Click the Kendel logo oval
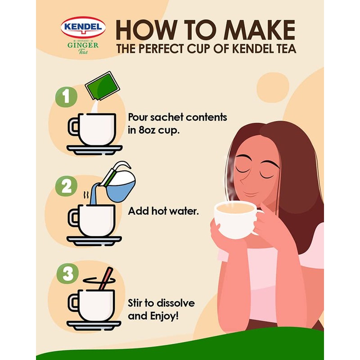[83, 27]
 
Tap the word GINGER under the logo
[83, 45]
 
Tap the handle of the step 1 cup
[73, 126]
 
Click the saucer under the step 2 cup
[94, 240]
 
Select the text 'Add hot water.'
[163, 211]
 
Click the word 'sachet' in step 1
[166, 117]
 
